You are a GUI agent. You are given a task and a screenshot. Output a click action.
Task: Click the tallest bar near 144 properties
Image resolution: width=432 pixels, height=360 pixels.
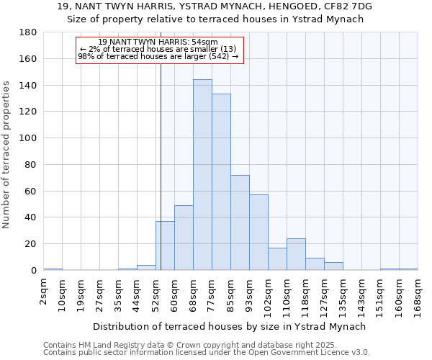tap(202, 175)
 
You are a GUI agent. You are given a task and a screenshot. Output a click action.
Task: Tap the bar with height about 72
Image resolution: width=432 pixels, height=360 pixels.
tap(240, 222)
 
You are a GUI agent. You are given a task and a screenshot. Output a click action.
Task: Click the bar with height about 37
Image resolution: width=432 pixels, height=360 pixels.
tap(165, 246)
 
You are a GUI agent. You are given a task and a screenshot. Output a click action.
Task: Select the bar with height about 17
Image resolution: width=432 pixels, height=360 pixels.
tap(277, 259)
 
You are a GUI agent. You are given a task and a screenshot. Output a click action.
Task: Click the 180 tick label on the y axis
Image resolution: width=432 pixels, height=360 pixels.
tap(28, 32)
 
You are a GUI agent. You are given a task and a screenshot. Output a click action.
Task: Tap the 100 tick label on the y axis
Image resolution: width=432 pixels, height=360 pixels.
tap(28, 138)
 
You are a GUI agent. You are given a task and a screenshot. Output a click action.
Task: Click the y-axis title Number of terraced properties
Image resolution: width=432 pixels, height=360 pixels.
tap(6, 155)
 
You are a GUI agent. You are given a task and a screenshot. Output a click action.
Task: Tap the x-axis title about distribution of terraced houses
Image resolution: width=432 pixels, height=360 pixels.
tap(230, 326)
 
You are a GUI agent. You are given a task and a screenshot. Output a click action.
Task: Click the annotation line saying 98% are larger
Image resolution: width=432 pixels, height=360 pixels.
tap(158, 56)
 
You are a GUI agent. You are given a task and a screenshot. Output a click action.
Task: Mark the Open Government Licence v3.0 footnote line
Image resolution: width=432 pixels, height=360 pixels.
tap(207, 353)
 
